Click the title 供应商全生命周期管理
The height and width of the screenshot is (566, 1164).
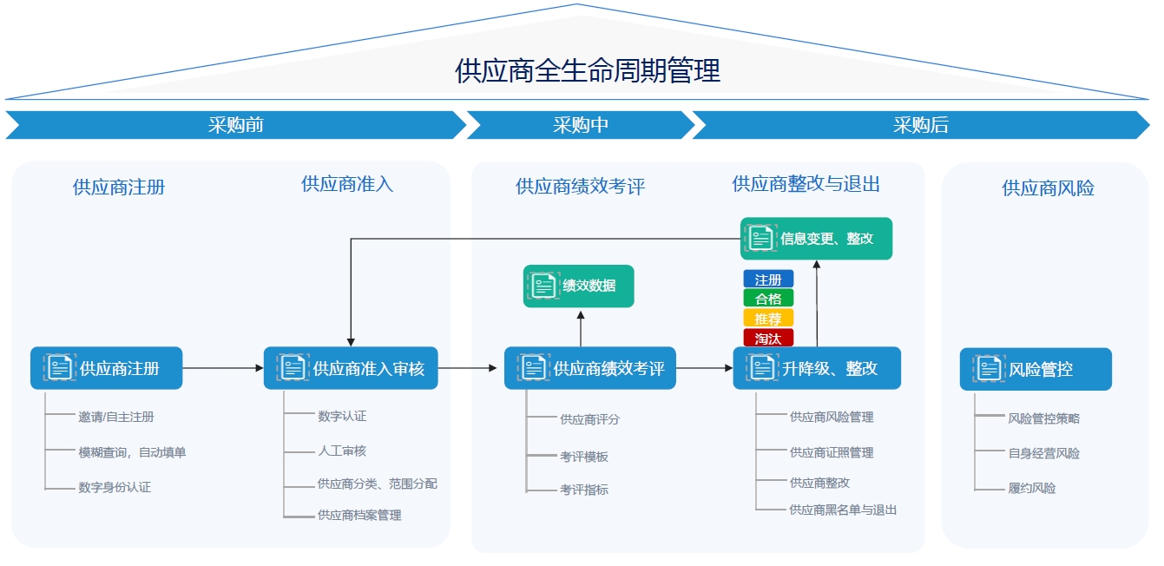(x=588, y=70)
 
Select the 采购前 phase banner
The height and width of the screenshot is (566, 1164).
(x=235, y=125)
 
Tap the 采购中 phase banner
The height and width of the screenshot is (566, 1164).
(x=580, y=125)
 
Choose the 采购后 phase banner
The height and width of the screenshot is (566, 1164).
(x=920, y=125)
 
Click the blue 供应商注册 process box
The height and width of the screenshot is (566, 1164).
(x=107, y=368)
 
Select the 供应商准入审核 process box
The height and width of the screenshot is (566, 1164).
(x=351, y=368)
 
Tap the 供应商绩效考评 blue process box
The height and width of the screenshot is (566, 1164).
(x=590, y=368)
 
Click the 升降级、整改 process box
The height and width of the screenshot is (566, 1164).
(x=817, y=368)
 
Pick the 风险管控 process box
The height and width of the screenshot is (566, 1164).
(x=1036, y=369)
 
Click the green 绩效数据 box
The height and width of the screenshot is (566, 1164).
(x=579, y=286)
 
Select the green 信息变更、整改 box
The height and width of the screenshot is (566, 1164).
(x=816, y=239)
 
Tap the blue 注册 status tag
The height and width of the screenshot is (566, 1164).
(x=768, y=280)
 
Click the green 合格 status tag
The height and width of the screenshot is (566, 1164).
(x=768, y=299)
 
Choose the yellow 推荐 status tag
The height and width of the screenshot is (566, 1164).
(x=768, y=319)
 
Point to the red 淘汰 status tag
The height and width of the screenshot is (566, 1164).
(x=768, y=339)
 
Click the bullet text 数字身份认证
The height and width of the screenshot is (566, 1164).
(x=115, y=488)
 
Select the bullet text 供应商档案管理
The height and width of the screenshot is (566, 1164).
(x=359, y=516)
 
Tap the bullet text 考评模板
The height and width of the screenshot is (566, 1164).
(x=584, y=457)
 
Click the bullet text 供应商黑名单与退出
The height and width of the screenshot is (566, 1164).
(x=843, y=510)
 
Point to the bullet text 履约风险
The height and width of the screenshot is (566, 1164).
(x=1032, y=489)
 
